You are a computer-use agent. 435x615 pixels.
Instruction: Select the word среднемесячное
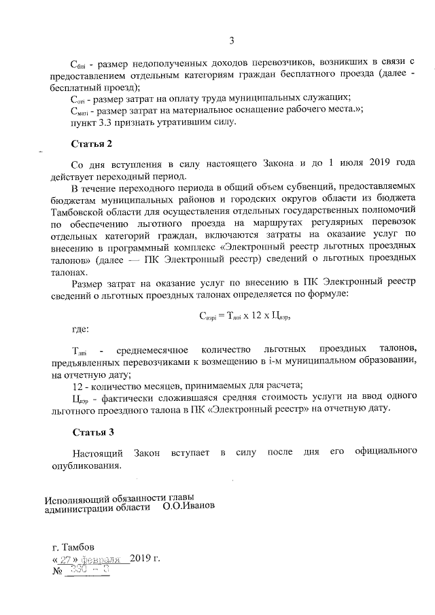(x=147, y=349)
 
